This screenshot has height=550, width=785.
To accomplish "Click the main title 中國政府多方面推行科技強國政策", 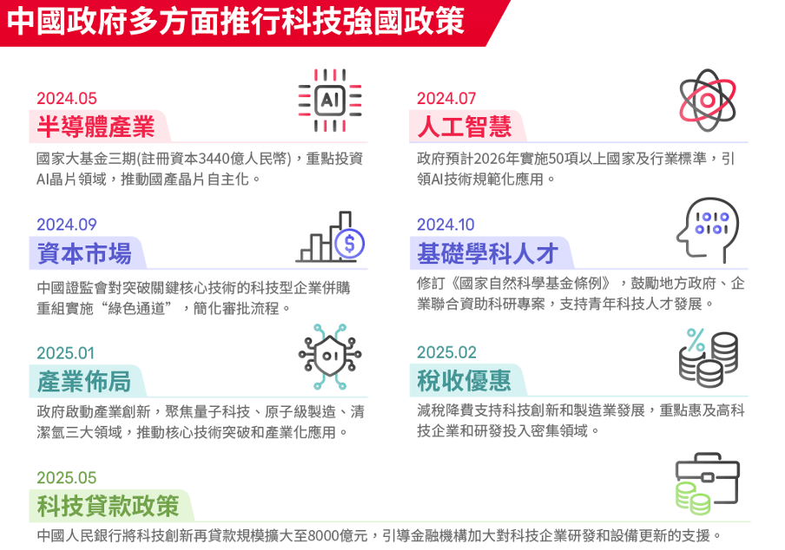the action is [x=236, y=22].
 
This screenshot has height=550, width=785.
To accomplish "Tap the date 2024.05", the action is [x=67, y=99].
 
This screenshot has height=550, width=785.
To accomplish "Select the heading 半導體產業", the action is [x=96, y=126].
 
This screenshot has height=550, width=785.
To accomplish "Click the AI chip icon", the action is [x=330, y=100].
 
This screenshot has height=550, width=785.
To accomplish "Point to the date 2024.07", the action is [x=446, y=99].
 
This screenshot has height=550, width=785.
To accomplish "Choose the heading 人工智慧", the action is [x=465, y=126].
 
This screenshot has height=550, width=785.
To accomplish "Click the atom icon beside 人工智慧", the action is [x=708, y=100].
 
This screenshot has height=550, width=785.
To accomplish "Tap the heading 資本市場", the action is [x=84, y=253].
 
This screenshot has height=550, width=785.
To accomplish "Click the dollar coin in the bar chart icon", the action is [x=349, y=244].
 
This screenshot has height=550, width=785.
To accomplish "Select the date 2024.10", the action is [x=445, y=225].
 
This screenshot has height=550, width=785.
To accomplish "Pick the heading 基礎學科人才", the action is [x=488, y=253].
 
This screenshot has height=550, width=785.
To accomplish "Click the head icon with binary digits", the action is [x=708, y=231].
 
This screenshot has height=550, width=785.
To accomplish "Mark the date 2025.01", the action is [x=66, y=353].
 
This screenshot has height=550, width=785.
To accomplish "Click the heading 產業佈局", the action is [x=84, y=381].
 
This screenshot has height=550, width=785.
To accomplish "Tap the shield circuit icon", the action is [x=330, y=356].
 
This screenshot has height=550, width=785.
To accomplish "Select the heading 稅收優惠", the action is [x=464, y=381].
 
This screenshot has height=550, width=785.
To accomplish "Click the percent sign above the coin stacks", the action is [x=696, y=340].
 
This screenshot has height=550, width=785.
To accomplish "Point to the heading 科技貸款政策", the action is [x=108, y=506].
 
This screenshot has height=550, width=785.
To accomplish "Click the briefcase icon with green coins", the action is [x=708, y=484].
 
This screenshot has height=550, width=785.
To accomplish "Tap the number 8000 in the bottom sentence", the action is [x=323, y=536].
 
